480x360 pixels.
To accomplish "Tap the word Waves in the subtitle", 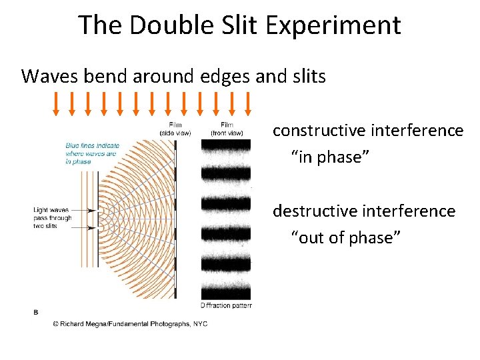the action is click(x=50, y=76).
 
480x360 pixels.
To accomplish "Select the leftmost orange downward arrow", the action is click(x=56, y=103).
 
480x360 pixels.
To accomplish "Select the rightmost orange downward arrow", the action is click(x=248, y=103).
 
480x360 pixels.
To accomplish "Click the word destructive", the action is click(x=312, y=211).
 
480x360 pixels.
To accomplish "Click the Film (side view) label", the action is click(x=175, y=129).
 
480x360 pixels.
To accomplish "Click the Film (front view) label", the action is click(x=226, y=129).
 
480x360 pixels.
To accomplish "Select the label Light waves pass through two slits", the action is click(x=52, y=218).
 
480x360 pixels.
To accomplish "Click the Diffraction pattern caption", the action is click(x=225, y=305).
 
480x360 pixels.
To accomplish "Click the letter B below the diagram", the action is click(x=36, y=311).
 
